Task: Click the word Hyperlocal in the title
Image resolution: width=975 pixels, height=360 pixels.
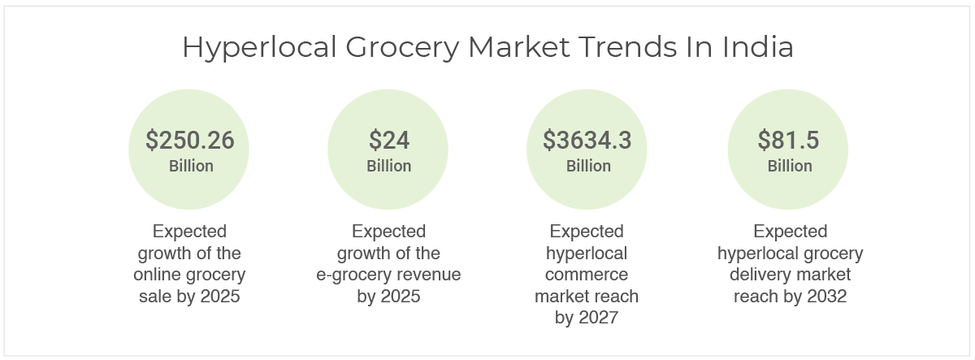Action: coord(259,47)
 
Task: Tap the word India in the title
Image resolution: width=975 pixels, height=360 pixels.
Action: coord(758,46)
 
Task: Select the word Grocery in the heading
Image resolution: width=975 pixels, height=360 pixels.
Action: coord(402,47)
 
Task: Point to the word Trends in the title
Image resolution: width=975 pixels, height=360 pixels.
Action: coord(627,46)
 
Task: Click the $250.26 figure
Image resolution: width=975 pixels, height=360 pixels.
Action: coord(190,140)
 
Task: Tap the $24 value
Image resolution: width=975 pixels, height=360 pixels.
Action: coord(389,140)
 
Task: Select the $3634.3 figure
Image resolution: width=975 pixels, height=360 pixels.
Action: coord(587,140)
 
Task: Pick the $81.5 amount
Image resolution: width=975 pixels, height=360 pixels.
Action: coord(788,140)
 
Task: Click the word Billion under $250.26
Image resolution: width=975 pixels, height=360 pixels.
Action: coord(191,166)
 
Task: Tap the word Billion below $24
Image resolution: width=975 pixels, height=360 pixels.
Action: coord(388,166)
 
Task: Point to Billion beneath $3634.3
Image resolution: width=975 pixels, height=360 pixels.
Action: coord(588,166)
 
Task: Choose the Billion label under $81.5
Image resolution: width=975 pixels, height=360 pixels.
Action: coord(790,166)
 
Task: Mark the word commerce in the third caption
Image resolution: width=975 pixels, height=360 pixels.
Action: coord(587,275)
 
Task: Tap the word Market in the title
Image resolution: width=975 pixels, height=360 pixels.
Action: coord(519,46)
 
